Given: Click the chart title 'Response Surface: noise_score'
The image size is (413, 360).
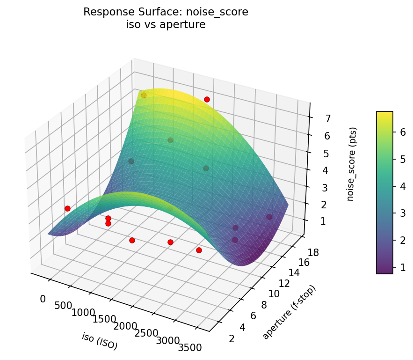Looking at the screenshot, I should [x=166, y=12].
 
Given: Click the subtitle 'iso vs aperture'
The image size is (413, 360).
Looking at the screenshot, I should [x=166, y=25].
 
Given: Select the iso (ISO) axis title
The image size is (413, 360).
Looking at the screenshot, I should [x=100, y=341].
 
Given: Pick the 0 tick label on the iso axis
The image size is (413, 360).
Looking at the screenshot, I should [x=43, y=299].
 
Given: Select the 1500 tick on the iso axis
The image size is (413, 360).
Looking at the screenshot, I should [x=104, y=319].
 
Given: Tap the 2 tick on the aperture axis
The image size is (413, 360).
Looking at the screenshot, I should [x=232, y=338].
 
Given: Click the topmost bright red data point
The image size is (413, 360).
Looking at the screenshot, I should [x=207, y=99].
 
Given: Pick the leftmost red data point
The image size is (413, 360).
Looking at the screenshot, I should [x=67, y=208].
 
